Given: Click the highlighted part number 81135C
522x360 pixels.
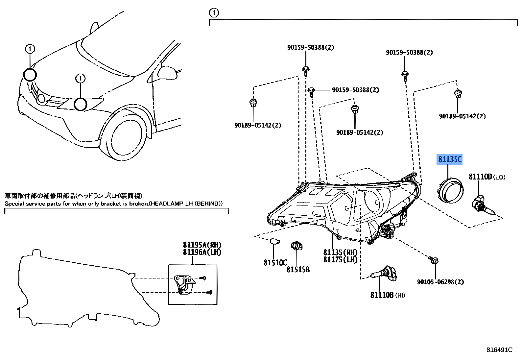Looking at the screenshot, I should [x=449, y=159].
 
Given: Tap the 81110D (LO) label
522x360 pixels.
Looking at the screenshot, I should [x=486, y=177].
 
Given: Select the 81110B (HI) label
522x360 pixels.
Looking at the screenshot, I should [x=387, y=295].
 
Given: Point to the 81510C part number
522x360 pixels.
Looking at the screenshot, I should [x=275, y=262].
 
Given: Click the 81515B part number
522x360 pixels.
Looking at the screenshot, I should [x=298, y=270].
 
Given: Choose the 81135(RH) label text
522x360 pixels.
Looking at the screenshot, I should [x=340, y=252].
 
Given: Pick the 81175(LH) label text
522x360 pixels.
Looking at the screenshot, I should [x=340, y=259].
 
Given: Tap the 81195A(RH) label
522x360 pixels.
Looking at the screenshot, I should [x=202, y=245].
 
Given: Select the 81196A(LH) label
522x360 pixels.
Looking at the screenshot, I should [x=202, y=252].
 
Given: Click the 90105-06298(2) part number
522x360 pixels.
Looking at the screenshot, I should [x=440, y=282].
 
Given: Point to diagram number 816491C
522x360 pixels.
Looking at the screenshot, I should [x=499, y=349].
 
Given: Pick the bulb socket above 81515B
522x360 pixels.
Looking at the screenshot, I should [x=296, y=246].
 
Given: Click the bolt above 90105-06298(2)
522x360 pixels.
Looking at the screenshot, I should [x=434, y=261].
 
